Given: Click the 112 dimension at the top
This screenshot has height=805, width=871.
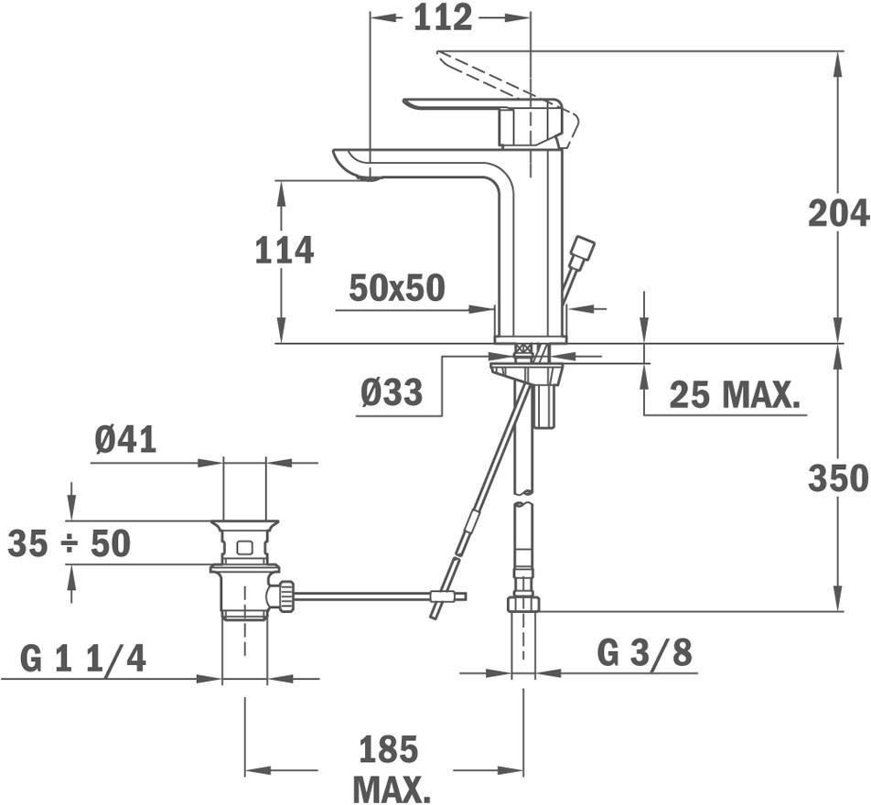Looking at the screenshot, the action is [x=443, y=17].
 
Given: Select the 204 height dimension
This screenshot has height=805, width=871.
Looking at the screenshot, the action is [x=839, y=213].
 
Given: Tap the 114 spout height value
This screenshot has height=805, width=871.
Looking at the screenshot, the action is [x=285, y=250].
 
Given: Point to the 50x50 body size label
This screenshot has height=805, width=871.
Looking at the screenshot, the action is [x=397, y=288].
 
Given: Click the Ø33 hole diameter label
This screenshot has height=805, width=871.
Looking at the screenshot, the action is [x=391, y=392].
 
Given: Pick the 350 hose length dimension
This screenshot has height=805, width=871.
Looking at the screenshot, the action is [x=839, y=478].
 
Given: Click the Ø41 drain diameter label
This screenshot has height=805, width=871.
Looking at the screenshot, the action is [x=125, y=440].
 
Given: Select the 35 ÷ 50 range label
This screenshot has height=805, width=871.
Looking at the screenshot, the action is [x=70, y=542].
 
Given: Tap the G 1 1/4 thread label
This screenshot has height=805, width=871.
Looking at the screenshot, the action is [x=83, y=660].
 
